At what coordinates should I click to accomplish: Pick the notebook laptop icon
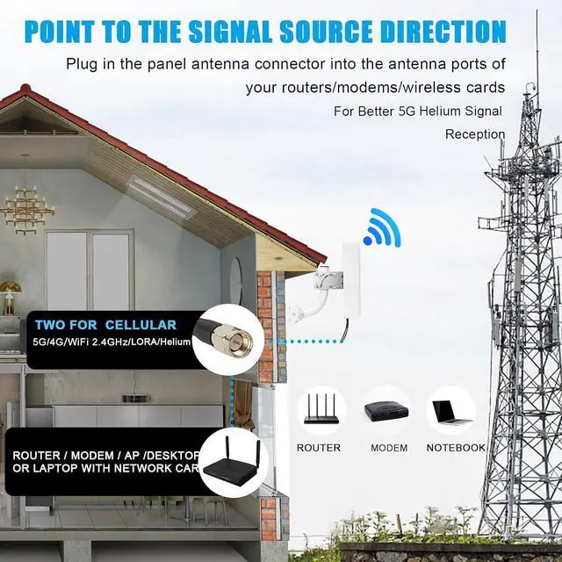click(451, 409)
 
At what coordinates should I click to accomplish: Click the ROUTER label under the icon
click(319, 448)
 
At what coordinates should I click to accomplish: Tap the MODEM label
click(389, 448)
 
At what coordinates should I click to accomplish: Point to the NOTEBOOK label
click(456, 448)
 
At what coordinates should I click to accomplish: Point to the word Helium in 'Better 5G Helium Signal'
click(442, 112)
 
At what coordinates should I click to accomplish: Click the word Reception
click(475, 134)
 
